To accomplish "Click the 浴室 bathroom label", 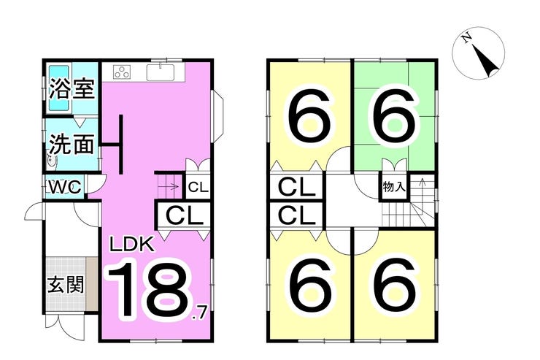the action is point(72,88).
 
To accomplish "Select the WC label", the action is point(65,187).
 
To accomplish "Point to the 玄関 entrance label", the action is point(66,285).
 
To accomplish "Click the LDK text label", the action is point(131,245).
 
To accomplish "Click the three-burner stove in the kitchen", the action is point(122,72).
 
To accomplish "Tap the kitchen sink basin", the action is point(161,72).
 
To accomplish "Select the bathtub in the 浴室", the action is point(60,88).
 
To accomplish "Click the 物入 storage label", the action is point(393,188).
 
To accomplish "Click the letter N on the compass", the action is point(467,38).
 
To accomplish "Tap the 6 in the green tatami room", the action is point(394,117).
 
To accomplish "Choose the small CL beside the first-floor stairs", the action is point(198,188).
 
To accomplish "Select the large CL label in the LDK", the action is point(184,216).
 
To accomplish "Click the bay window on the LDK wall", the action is point(218,117).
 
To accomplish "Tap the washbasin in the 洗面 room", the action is point(52,161).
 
